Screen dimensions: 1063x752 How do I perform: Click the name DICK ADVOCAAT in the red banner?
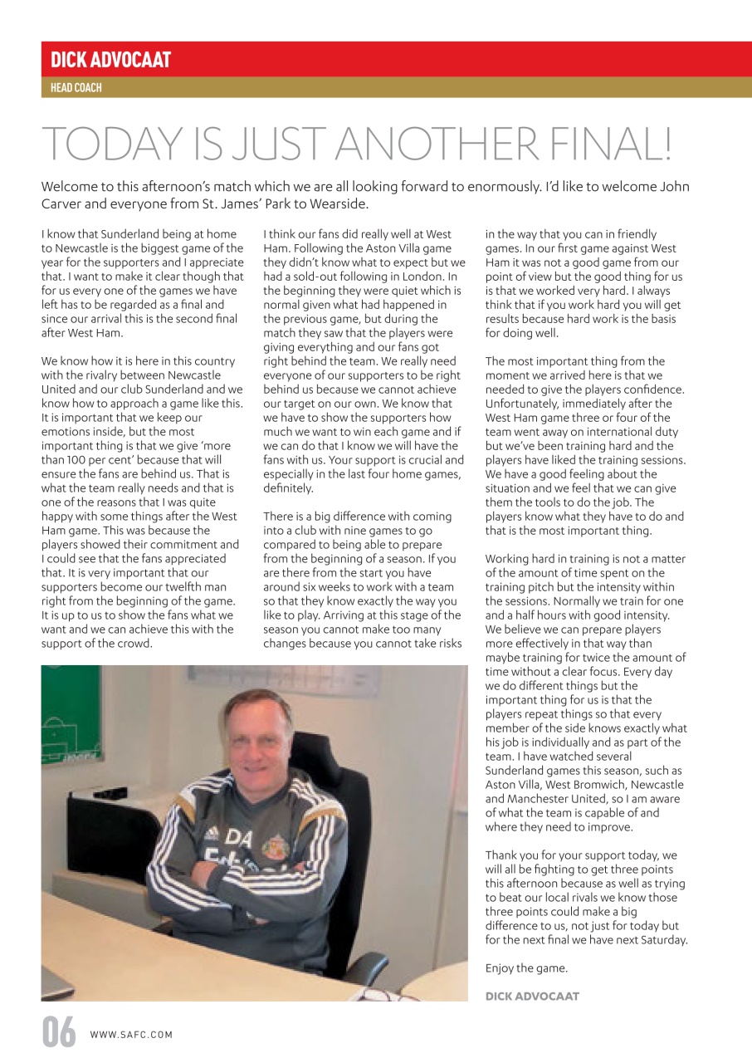pos(110,60)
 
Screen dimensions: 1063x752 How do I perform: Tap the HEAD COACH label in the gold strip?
pos(76,87)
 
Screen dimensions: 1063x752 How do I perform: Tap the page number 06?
pos(59,1034)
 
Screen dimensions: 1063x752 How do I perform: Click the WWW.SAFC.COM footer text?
pos(131,1035)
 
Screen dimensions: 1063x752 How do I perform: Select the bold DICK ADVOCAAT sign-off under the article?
pos(532,996)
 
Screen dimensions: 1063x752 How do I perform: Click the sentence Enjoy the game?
pos(526,968)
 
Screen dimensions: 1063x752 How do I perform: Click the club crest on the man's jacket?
pos(275,847)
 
